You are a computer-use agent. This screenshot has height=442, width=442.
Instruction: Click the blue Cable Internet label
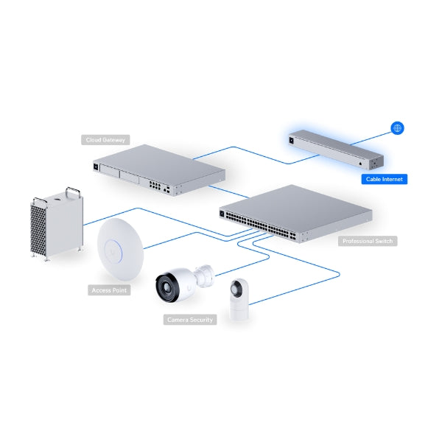[x=385, y=179]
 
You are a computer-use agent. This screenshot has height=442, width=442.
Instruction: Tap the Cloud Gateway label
[x=105, y=140]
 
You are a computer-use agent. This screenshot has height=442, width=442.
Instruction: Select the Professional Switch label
[x=368, y=241]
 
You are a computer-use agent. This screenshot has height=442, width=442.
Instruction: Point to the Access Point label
[x=109, y=290]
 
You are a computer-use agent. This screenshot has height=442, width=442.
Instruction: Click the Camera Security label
[x=190, y=320]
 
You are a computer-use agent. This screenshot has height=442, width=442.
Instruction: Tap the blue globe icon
[x=397, y=128]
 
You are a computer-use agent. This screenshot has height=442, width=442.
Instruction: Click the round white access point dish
[x=120, y=249]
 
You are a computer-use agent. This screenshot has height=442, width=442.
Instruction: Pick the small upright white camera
[x=239, y=299]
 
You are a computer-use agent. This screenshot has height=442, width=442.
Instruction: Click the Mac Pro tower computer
[x=57, y=223]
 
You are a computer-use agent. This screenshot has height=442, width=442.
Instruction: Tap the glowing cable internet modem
[x=336, y=150]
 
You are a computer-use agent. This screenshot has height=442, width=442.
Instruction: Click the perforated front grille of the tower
[x=38, y=230]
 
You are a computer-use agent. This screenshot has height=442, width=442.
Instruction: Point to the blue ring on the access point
[x=113, y=251]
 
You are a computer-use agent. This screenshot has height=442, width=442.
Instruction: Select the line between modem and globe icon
[x=371, y=138]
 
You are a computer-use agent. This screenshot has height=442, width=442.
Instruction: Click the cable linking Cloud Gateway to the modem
[x=256, y=155]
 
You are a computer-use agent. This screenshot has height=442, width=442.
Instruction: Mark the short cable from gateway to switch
[x=228, y=192]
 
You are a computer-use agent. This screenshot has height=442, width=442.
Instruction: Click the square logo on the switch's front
[x=222, y=214]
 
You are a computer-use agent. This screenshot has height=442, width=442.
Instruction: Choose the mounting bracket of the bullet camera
[x=204, y=276]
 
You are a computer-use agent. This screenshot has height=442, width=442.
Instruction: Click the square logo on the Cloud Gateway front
[x=96, y=167]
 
